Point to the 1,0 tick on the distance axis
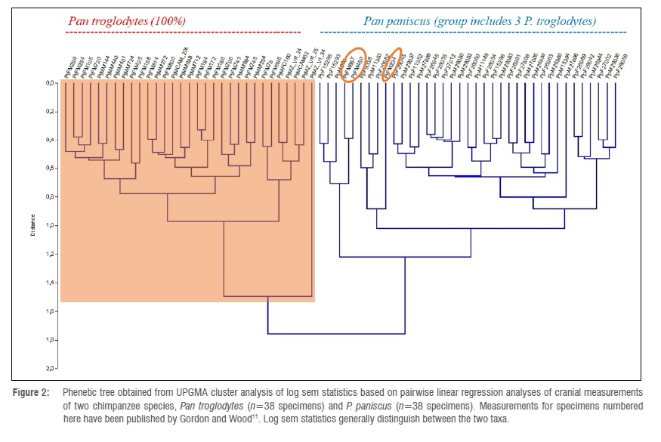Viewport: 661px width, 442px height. click(x=51, y=225)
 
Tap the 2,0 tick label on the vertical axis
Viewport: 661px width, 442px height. click(x=51, y=368)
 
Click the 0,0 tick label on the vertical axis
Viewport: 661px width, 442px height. click(x=51, y=83)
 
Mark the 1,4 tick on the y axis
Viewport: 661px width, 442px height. click(x=51, y=283)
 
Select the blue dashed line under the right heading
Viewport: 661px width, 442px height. click(x=473, y=32)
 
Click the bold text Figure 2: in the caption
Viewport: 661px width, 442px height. click(x=32, y=393)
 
